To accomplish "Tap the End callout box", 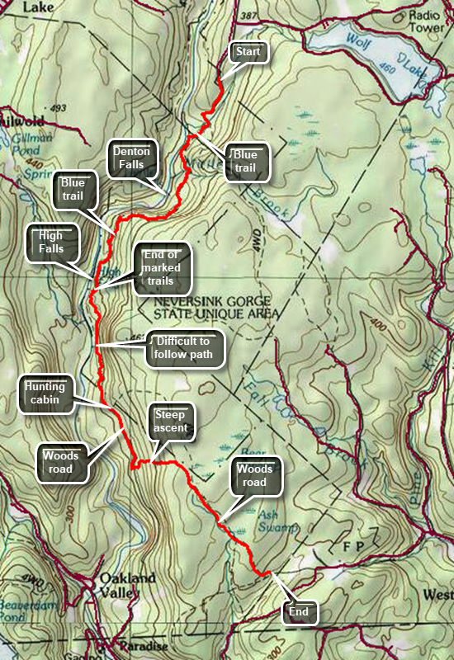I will (298, 612).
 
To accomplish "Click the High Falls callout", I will (50, 243).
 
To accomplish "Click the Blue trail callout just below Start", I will (245, 162).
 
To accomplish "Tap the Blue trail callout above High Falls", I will (74, 192).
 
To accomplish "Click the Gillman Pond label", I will (26, 148).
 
